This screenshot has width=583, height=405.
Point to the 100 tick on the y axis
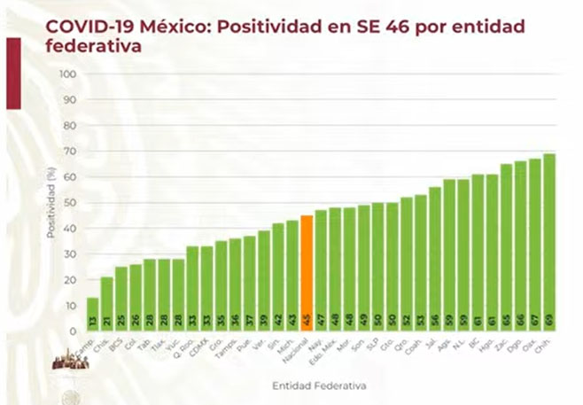click(x=66, y=74)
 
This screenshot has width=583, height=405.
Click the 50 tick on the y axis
click(x=68, y=202)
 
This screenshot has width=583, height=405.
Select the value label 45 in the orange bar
click(x=307, y=320)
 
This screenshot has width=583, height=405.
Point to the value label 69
click(x=549, y=320)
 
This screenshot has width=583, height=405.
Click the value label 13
click(x=92, y=320)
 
